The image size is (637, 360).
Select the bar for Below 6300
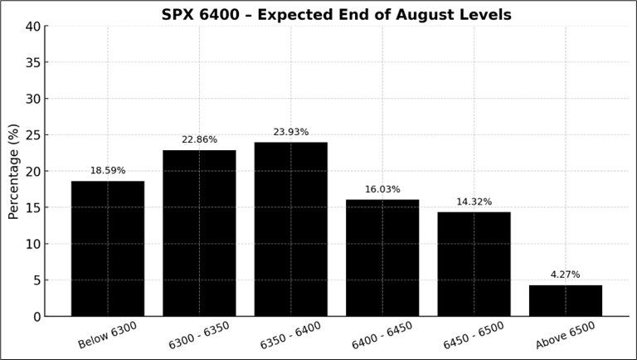(x=108, y=248)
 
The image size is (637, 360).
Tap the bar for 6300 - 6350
(x=199, y=233)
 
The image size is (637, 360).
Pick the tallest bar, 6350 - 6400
(x=290, y=229)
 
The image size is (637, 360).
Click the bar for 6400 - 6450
(x=382, y=258)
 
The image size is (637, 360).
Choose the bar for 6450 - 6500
(x=474, y=264)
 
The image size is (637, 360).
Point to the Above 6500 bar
(x=566, y=300)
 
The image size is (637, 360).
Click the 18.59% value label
(x=108, y=171)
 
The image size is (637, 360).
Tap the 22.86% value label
(x=199, y=139)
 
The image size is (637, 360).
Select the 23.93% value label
(x=290, y=132)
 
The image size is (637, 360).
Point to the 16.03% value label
(x=382, y=189)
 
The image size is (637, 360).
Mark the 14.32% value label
(x=474, y=202)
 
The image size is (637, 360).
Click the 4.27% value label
(x=566, y=275)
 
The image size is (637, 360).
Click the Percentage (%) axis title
(x=14, y=171)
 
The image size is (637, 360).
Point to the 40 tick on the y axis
(x=32, y=27)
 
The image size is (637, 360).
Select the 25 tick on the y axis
(x=32, y=135)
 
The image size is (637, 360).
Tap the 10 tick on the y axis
(x=32, y=244)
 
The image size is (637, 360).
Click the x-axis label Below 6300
(x=108, y=335)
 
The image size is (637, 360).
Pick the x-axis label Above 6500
(x=566, y=335)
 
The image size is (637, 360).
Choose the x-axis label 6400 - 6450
(x=382, y=335)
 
